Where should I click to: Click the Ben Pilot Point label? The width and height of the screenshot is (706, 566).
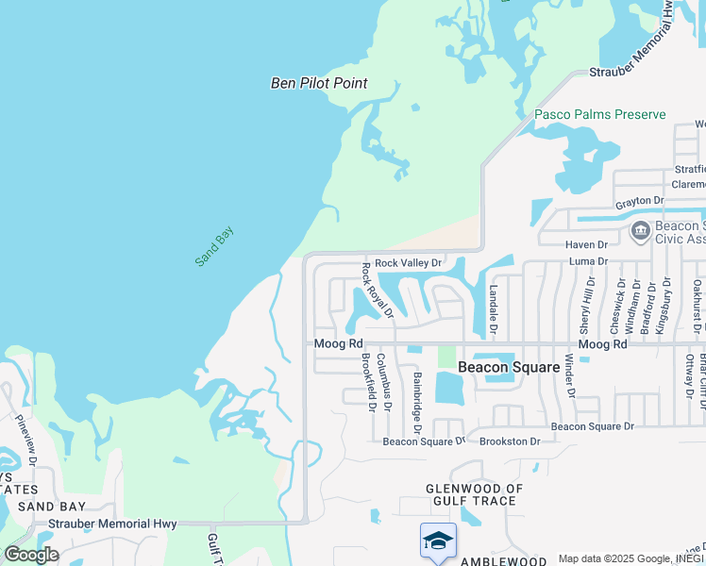click(x=319, y=83)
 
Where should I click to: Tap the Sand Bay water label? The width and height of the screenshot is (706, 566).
click(x=214, y=246)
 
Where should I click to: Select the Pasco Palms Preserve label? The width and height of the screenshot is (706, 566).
click(x=600, y=115)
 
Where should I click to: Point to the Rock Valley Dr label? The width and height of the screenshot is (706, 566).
click(x=409, y=262)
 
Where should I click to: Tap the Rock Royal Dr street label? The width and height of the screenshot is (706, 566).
click(x=377, y=290)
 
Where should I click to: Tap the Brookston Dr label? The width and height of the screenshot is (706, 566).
click(x=510, y=441)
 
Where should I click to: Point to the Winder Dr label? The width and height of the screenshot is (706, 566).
click(x=569, y=376)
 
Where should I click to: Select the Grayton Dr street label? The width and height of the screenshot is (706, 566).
click(x=639, y=201)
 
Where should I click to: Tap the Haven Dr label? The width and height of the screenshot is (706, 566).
click(x=586, y=244)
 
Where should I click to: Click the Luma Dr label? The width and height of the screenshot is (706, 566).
click(x=589, y=258)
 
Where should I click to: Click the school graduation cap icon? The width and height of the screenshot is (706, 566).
click(x=438, y=540)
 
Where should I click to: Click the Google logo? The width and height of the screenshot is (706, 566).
click(x=31, y=555)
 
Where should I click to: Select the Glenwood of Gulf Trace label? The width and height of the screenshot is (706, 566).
click(x=474, y=494)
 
